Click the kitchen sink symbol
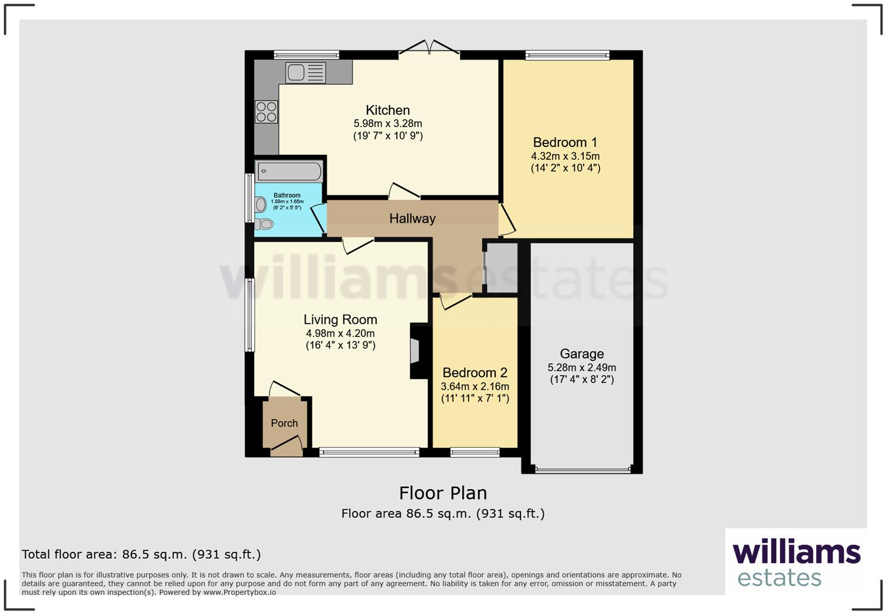click(305, 73)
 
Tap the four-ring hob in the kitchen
click(266, 112)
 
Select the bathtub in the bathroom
click(289, 172)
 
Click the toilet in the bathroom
click(264, 224)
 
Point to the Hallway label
click(413, 219)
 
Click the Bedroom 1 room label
click(565, 142)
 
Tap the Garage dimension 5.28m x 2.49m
click(581, 367)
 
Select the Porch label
click(284, 423)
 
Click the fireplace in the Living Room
click(418, 351)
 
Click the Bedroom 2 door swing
click(455, 301)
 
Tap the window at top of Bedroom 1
click(567, 56)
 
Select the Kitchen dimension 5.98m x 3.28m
click(387, 124)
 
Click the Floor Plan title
click(443, 493)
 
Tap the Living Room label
click(340, 319)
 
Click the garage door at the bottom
click(582, 470)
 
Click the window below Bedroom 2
click(475, 452)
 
